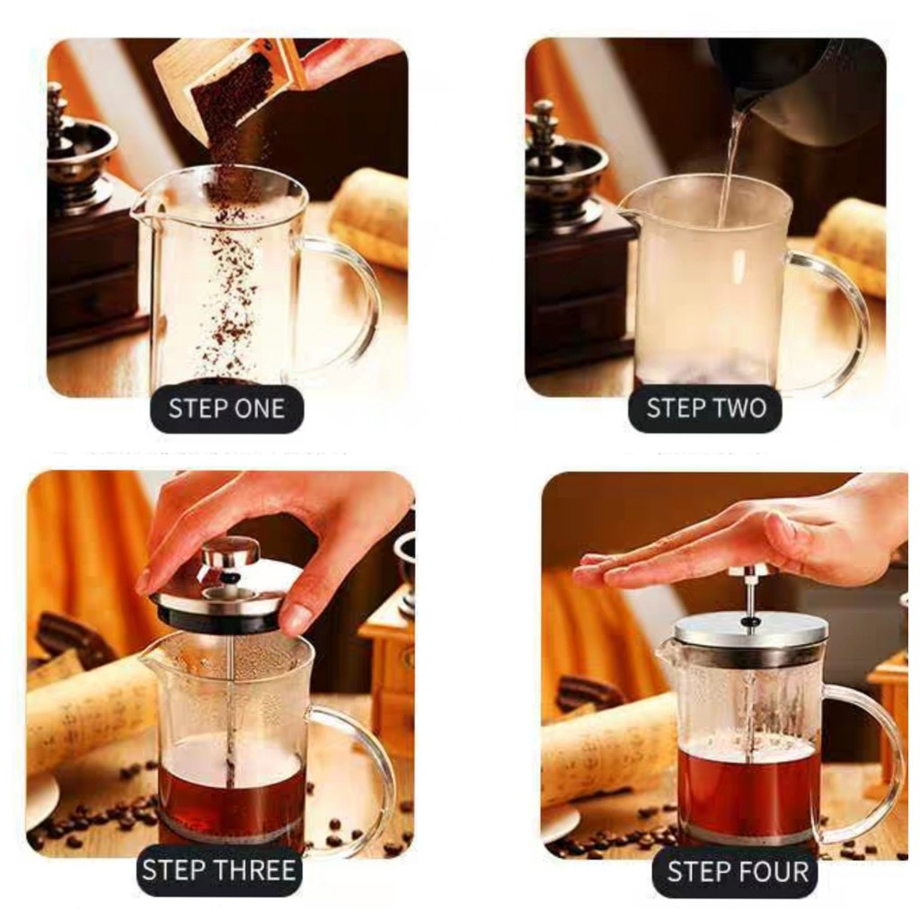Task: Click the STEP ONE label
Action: [x=227, y=409]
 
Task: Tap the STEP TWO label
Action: [x=706, y=408]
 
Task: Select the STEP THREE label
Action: [x=218, y=870]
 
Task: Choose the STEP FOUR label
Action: [x=738, y=871]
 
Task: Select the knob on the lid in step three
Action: [x=230, y=554]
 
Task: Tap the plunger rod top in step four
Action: [x=748, y=571]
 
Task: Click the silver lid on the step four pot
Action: [x=750, y=630]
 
